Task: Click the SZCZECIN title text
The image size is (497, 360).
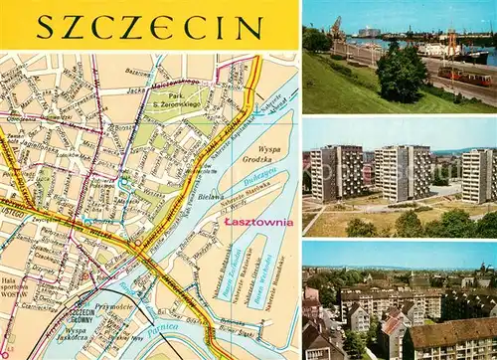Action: point(149,26)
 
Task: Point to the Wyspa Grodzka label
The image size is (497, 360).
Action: point(262,153)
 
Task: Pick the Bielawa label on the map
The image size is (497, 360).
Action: point(211,199)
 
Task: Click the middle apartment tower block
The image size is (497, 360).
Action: point(402,172)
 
